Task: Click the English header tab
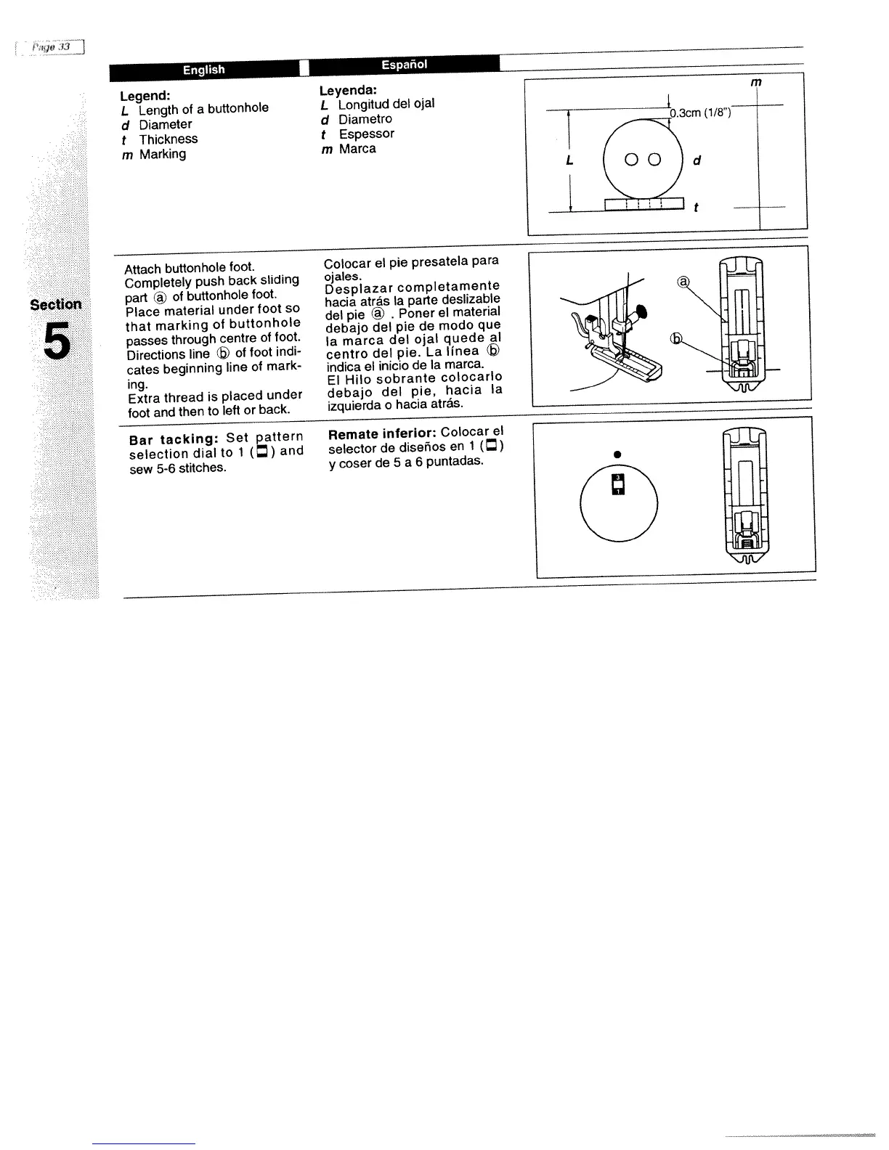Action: [x=203, y=70]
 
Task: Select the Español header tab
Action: [x=404, y=65]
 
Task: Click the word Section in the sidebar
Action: [x=56, y=304]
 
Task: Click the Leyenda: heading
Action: [x=348, y=90]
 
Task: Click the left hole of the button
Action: [x=630, y=160]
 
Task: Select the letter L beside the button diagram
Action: [x=571, y=160]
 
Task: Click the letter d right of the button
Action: [x=697, y=160]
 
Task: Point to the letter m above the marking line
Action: [x=756, y=82]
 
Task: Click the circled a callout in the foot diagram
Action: [x=683, y=282]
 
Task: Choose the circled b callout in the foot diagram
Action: [x=677, y=339]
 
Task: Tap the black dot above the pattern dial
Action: [x=617, y=454]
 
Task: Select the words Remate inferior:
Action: [x=382, y=434]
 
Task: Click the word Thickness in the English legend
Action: [x=169, y=139]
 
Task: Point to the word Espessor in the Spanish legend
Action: [x=367, y=134]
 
